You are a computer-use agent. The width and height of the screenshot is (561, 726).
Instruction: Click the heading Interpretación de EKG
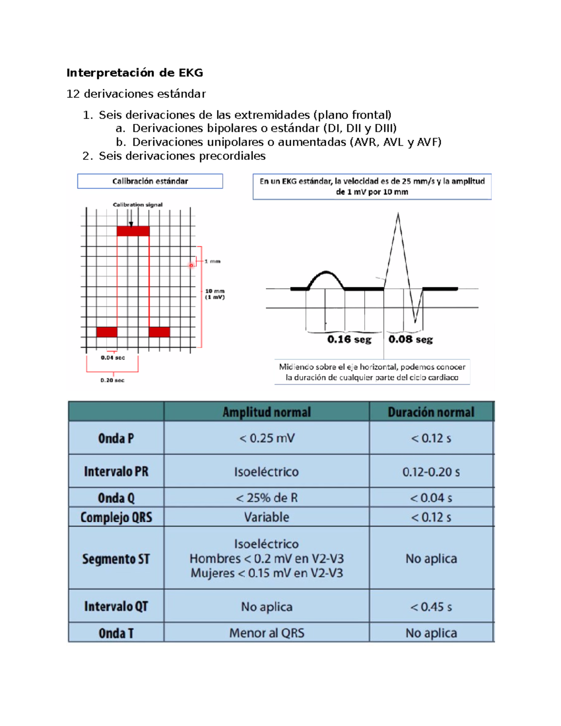point(135,73)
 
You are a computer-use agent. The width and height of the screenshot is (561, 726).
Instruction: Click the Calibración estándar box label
point(150,181)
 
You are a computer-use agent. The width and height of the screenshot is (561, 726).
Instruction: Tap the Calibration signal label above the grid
point(137,205)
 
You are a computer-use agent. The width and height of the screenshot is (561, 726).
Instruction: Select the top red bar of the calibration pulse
point(133,231)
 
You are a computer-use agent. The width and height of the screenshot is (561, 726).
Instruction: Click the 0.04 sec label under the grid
point(113,358)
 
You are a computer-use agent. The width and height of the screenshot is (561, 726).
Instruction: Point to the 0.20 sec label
point(112,380)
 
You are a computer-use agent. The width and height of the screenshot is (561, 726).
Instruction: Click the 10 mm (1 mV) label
point(215,294)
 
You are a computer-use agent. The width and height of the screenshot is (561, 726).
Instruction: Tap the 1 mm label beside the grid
point(212,261)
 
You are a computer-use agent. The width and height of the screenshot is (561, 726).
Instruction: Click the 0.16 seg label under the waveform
point(349,339)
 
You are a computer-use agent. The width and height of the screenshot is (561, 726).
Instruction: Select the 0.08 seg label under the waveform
point(410,339)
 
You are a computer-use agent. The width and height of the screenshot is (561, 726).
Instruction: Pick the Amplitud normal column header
point(266,412)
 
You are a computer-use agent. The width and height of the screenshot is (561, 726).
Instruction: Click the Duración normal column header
point(431,412)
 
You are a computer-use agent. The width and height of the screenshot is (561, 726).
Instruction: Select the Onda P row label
point(116,438)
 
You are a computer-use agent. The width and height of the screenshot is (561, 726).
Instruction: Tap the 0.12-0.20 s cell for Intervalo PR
point(431,472)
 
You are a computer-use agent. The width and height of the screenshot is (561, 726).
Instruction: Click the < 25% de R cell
point(266,498)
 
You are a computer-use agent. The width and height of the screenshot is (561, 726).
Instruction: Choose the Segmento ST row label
point(116,559)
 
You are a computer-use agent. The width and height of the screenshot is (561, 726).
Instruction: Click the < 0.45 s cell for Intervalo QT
point(431,607)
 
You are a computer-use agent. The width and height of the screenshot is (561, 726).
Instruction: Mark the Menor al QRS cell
point(266,633)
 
